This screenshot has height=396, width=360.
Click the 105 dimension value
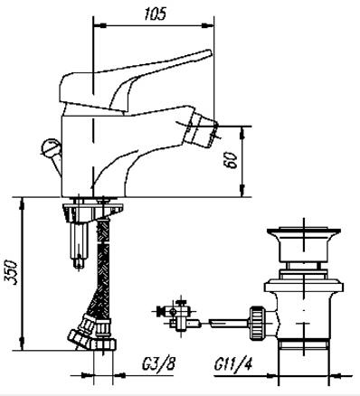click(x=155, y=14)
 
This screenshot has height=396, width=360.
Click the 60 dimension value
click(x=232, y=159)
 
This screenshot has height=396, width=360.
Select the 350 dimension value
click(x=11, y=272)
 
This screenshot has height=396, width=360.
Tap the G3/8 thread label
click(x=158, y=364)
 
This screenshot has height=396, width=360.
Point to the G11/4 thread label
click(x=233, y=364)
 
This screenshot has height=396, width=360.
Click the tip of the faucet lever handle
click(x=210, y=52)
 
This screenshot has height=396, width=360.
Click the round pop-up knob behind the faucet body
click(x=50, y=147)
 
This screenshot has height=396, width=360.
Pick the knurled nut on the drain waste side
click(x=258, y=323)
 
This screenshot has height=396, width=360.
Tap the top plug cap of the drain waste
click(x=304, y=231)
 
